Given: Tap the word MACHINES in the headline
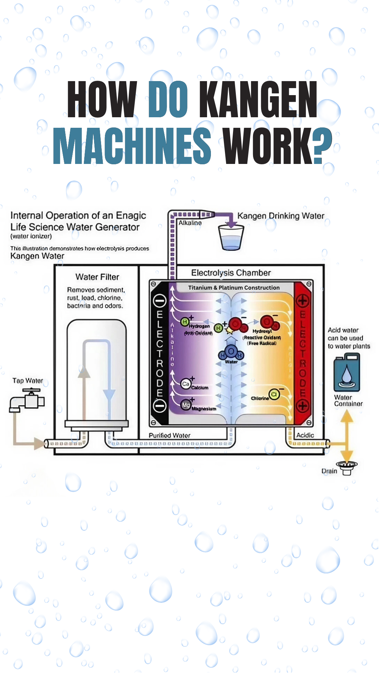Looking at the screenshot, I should click(132, 146).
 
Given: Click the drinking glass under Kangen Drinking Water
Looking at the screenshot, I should click(231, 237).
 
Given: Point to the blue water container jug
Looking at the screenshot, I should click(347, 372).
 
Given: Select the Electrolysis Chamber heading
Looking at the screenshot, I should click(231, 273).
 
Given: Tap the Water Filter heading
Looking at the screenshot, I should click(97, 277).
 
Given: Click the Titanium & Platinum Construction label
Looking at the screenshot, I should click(234, 288).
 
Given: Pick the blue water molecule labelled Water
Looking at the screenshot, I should click(231, 352).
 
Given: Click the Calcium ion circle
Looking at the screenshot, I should click(186, 384).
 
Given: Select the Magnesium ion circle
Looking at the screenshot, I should click(186, 405).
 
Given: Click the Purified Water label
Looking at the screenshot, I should click(169, 435).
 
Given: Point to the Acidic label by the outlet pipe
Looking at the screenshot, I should click(305, 435).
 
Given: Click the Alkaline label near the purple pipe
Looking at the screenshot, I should click(190, 223).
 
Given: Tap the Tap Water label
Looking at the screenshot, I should click(28, 381).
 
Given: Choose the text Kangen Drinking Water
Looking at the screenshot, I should click(281, 216).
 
